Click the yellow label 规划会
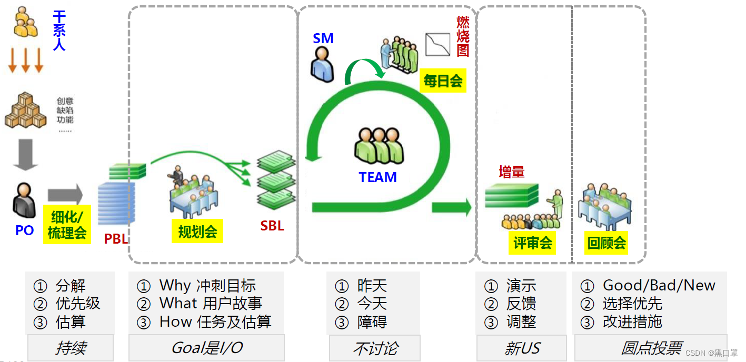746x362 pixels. (x=197, y=231)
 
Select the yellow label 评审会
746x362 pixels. (x=533, y=243)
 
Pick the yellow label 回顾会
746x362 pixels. (x=607, y=243)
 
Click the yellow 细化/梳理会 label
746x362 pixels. (x=67, y=225)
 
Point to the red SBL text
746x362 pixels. (x=272, y=226)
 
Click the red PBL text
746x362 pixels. (x=116, y=239)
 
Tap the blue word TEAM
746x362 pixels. (x=377, y=177)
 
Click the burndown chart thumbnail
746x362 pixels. (x=437, y=44)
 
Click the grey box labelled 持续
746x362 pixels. (x=71, y=348)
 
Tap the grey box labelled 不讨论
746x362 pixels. (x=375, y=348)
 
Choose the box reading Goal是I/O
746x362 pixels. (x=206, y=348)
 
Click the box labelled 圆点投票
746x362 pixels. (x=651, y=348)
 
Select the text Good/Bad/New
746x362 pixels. (x=659, y=286)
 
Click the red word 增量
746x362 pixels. (x=511, y=172)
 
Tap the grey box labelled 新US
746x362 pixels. (x=521, y=348)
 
